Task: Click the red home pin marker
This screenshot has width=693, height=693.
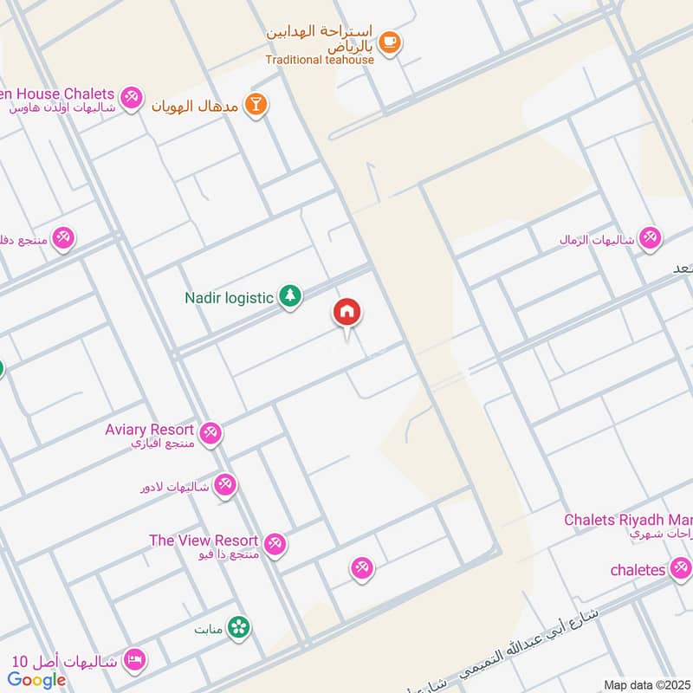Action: click(347, 313)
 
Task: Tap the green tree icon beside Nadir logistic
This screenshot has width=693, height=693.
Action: click(290, 297)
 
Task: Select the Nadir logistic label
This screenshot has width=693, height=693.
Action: click(229, 298)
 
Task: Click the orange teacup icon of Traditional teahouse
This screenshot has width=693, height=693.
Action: click(390, 42)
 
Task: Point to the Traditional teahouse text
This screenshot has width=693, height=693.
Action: click(320, 60)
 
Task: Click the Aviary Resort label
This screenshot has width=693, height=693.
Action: click(149, 430)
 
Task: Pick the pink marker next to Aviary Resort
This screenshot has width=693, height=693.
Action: click(210, 432)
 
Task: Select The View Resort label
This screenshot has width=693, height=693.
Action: click(204, 541)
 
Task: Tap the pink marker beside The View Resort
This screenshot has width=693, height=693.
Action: click(275, 543)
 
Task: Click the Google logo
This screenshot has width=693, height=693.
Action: click(37, 680)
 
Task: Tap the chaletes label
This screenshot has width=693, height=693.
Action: click(638, 569)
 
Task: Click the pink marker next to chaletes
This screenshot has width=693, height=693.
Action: click(680, 569)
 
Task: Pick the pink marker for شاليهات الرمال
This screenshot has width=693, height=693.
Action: click(650, 238)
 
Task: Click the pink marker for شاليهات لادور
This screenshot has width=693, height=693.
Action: click(225, 485)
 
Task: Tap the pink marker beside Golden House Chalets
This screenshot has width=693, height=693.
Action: click(132, 96)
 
